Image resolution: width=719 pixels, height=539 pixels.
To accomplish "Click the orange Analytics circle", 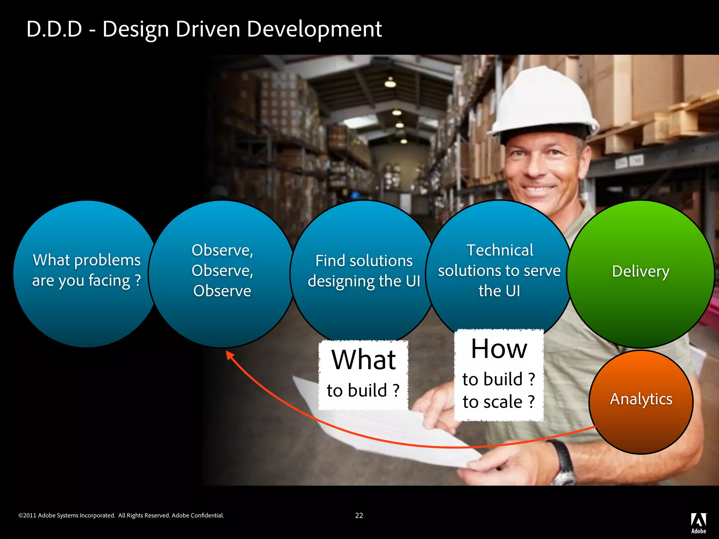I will (641, 402).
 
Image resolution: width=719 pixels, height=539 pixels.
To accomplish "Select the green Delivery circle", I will (641, 274).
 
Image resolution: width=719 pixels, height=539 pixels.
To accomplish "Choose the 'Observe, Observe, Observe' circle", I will (222, 274).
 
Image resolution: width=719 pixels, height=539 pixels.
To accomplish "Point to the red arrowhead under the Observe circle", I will (230, 355).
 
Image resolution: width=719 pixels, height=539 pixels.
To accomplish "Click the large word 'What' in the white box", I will (364, 360).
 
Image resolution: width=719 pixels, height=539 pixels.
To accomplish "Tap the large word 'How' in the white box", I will (499, 349).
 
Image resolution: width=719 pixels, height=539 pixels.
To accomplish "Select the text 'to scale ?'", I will (499, 402).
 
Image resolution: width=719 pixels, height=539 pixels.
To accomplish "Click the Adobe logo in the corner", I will (698, 523).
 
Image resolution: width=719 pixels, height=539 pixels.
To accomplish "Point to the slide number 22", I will (359, 515).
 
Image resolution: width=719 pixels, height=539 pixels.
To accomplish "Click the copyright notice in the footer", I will (121, 515).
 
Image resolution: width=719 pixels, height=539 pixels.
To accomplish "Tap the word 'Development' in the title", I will (314, 29).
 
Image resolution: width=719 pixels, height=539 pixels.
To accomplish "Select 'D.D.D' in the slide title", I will (54, 29).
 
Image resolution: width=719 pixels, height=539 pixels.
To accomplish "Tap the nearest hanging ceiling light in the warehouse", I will (390, 83).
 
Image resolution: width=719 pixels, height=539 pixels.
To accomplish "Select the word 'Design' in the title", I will (136, 29).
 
